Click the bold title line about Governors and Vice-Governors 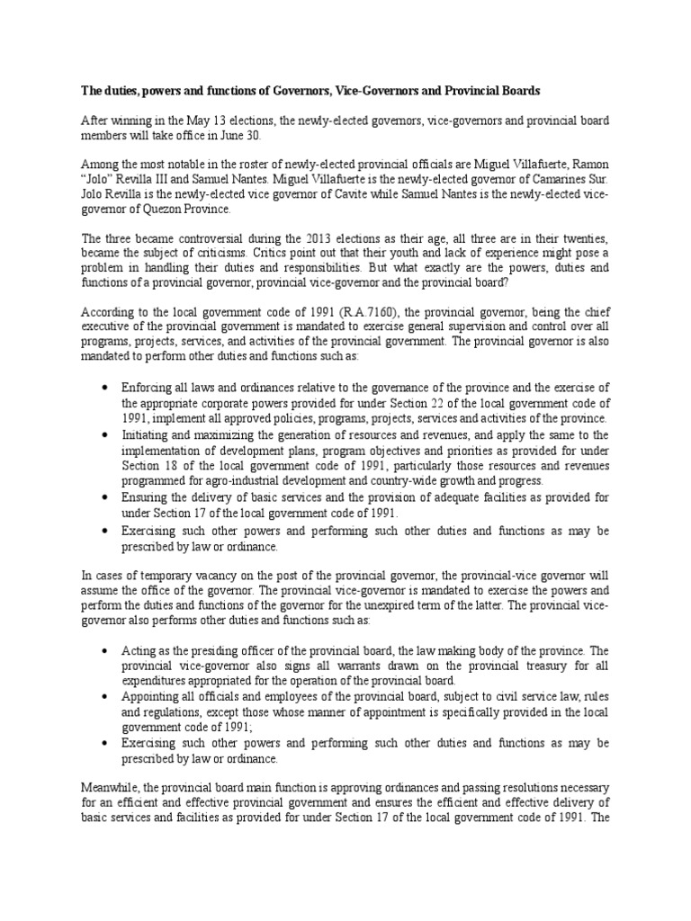(312, 91)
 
